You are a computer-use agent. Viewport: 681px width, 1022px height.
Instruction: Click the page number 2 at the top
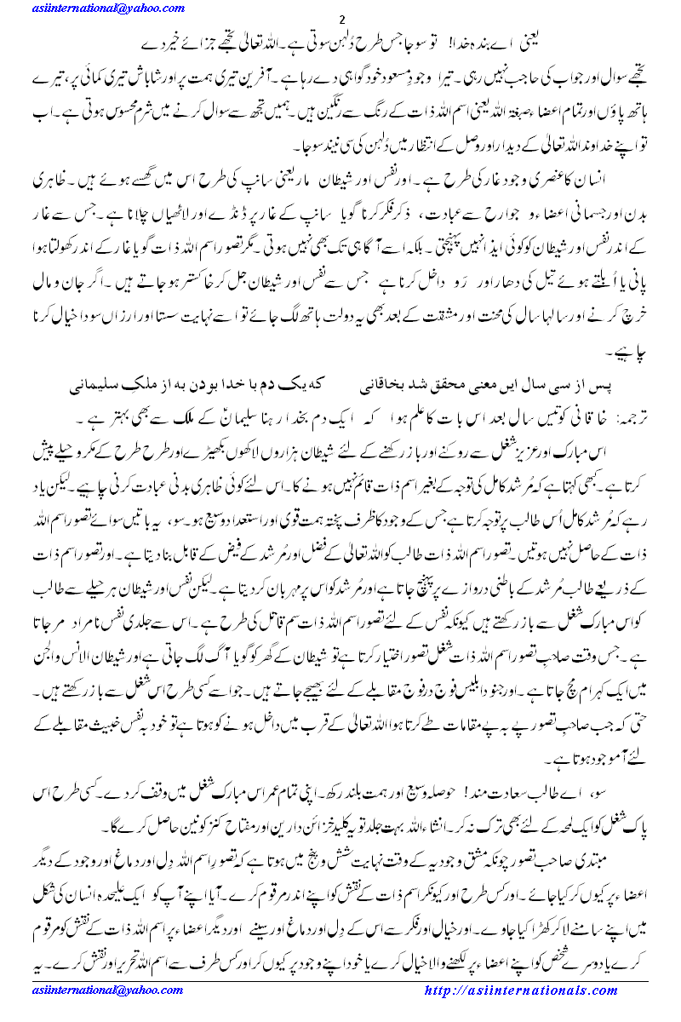tap(340, 20)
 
